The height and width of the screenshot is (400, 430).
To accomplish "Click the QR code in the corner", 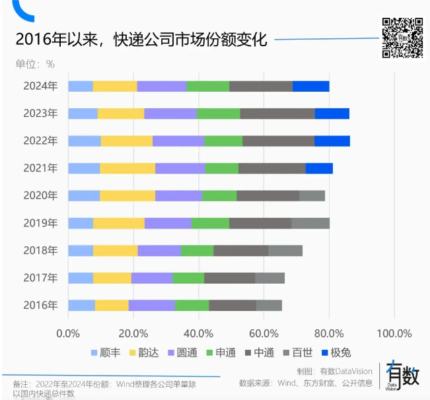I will [x=402, y=38].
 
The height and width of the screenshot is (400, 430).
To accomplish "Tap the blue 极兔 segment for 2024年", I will [x=310, y=86].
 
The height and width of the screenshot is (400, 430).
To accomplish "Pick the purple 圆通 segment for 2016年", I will [x=151, y=305].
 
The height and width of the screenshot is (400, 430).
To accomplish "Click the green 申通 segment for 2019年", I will [x=210, y=222].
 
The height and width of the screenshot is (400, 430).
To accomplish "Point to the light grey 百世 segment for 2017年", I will [x=269, y=277].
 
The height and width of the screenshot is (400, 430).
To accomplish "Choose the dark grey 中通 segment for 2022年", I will [x=278, y=141].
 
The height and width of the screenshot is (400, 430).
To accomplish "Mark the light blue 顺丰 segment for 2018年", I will [x=81, y=250].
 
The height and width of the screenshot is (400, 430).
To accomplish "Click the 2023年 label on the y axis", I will [x=40, y=114].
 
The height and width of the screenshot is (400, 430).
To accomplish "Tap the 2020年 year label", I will [x=40, y=195].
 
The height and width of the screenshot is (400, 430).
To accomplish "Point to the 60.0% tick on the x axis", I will [x=264, y=331].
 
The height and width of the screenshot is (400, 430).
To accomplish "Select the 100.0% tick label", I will [x=394, y=331].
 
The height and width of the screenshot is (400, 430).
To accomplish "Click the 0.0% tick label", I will [x=68, y=331].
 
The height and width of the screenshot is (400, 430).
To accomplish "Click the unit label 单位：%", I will [x=34, y=64].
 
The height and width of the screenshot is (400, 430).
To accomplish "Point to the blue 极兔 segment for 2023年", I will [x=332, y=114].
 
